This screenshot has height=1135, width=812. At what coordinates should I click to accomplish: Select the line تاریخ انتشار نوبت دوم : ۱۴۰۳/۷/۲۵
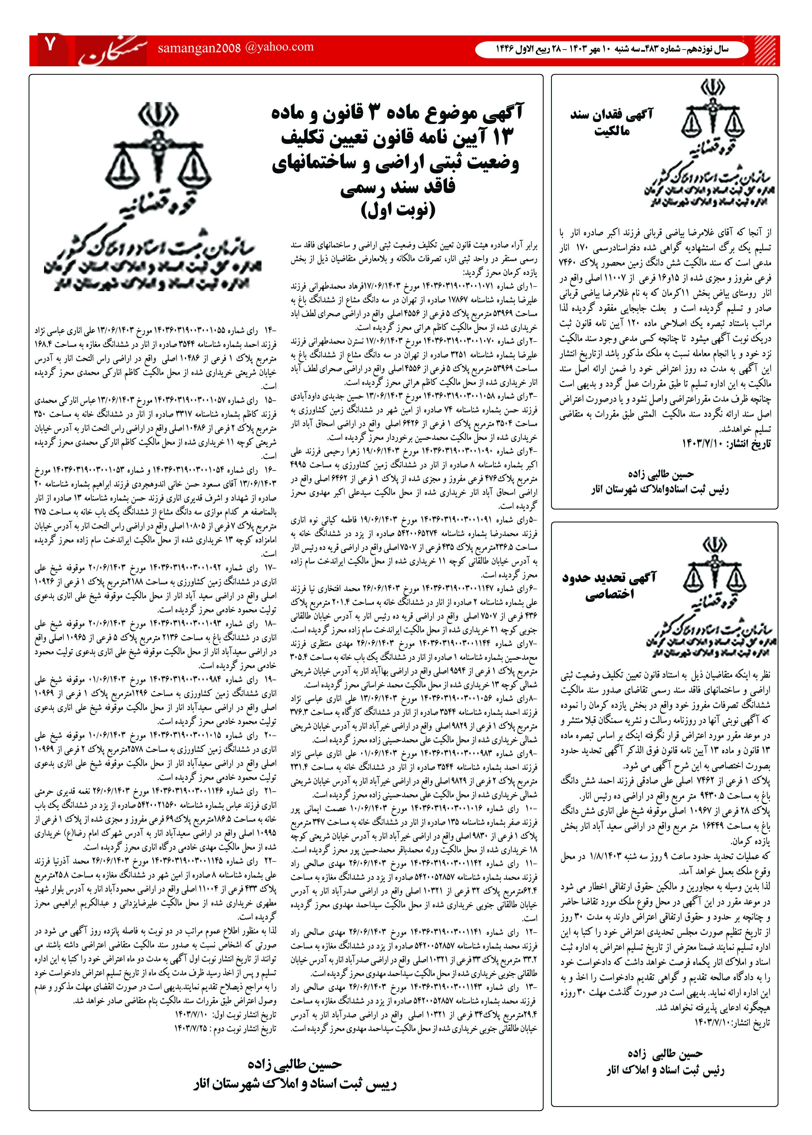click(224, 1027)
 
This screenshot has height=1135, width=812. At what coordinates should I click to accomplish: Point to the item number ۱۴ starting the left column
click(271, 331)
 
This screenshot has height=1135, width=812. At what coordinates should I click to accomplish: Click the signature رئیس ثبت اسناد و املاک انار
click(665, 1070)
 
